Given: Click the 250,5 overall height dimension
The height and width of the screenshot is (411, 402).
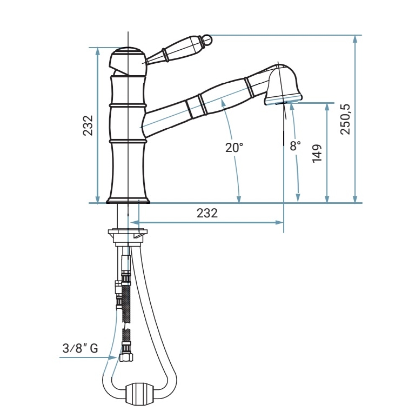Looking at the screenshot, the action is [345, 120].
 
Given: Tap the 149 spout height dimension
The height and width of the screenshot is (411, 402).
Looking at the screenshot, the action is [317, 154].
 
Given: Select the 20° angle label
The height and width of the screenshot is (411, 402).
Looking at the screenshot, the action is [234, 148].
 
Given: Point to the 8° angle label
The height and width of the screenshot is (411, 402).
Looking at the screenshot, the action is [295, 145].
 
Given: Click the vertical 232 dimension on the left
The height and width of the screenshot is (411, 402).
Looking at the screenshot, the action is [88, 125].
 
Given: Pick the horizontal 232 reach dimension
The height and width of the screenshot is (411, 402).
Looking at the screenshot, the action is [207, 213].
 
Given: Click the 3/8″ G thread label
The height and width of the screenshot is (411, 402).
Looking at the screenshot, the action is [80, 348].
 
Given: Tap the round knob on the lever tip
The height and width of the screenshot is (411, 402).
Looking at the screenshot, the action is [207, 39].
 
